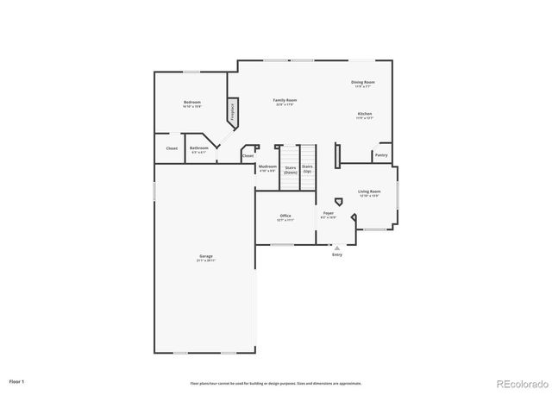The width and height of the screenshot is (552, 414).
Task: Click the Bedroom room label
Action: coord(191,104)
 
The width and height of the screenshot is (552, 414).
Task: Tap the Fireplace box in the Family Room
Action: coord(231,110)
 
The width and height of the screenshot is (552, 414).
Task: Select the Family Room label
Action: coord(285,102)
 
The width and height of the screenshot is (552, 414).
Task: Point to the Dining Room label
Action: coord(362,84)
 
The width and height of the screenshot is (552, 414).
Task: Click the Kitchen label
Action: coord(366,115)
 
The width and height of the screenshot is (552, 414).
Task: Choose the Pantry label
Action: coord(381,155)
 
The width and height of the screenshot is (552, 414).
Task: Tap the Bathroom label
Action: coord(199,148)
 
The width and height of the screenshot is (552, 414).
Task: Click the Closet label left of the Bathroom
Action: coord(172,148)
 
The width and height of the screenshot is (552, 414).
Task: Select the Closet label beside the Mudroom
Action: coord(248,156)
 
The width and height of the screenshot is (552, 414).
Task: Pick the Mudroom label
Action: coord(267,167)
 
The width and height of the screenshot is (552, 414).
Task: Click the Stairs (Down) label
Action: coord(291,170)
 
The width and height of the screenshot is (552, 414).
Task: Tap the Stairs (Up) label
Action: coord(307,168)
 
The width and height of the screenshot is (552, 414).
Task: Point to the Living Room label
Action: coord(369,192)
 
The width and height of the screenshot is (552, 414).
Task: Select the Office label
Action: coord(285,217)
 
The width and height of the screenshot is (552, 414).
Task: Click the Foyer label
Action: coord(329,214)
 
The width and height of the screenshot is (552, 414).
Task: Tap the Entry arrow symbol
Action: coord(337,247)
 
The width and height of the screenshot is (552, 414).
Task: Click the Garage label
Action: coord(205,257)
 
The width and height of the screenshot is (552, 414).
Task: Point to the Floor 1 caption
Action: coord(17,380)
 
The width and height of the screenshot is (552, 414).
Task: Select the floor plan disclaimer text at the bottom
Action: coord(276,383)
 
